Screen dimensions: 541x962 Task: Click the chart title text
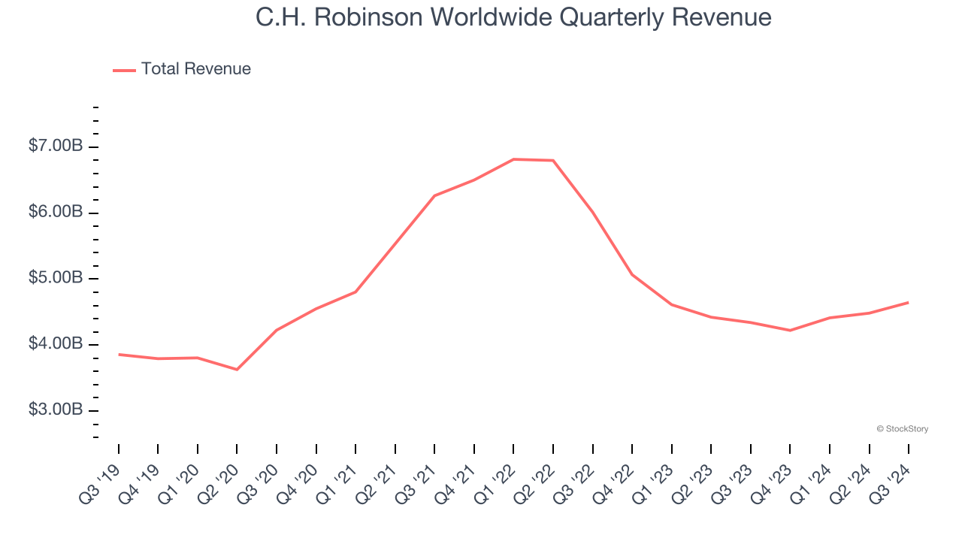click(513, 17)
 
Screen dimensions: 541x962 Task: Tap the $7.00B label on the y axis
click(56, 147)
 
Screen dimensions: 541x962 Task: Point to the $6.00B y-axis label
click(56, 213)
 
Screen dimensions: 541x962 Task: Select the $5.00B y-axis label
click(56, 279)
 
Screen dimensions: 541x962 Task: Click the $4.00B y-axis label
click(56, 344)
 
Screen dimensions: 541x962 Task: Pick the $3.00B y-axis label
click(56, 410)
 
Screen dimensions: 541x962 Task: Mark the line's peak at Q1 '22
click(513, 159)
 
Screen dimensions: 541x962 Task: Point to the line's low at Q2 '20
click(237, 370)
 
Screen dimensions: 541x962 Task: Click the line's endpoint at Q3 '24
click(908, 303)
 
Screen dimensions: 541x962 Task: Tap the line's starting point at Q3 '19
click(119, 354)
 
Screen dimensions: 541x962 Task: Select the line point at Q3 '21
click(434, 196)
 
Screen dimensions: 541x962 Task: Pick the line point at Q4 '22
click(632, 274)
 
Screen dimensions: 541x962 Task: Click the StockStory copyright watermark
click(902, 429)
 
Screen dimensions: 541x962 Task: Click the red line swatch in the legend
click(124, 70)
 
